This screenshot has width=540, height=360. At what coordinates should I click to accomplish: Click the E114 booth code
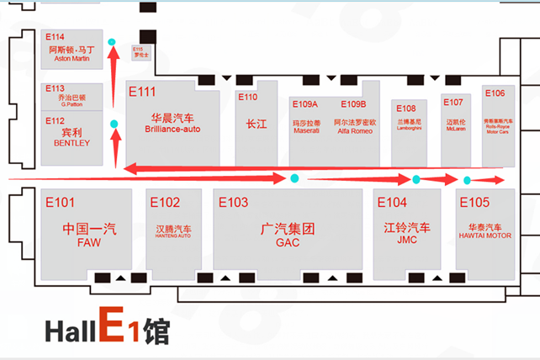point(55,37)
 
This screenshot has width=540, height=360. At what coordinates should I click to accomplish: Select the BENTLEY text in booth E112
point(71,144)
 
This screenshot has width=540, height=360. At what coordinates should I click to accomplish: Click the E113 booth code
point(55,87)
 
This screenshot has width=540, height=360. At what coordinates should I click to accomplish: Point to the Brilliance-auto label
point(172,129)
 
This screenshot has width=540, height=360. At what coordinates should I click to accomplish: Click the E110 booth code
point(248,97)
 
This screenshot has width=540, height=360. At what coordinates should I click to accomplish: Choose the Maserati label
point(305,131)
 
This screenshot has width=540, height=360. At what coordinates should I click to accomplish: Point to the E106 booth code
point(495,93)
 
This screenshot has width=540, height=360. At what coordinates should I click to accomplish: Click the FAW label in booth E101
point(88,242)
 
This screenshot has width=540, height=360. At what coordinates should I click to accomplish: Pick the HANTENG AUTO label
point(173,236)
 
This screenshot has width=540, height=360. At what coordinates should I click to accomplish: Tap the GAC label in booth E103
point(287,242)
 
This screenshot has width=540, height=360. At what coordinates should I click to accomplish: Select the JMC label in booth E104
point(407,240)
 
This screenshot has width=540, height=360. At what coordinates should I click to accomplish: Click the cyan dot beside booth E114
point(112,41)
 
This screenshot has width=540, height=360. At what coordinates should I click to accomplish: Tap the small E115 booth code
point(138,49)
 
